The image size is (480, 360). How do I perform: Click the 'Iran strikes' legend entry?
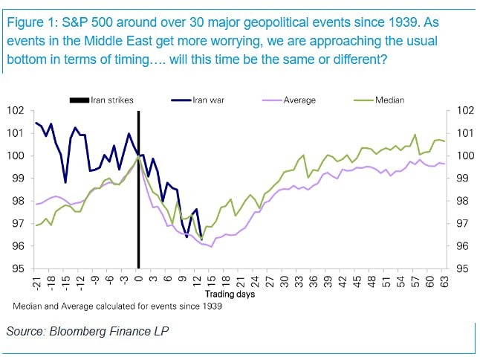[112, 99]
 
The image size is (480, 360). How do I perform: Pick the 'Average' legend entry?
[298, 99]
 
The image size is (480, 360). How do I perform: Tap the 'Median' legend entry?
[391, 99]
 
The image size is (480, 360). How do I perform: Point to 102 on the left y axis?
[16, 111]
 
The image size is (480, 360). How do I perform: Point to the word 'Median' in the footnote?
[27, 306]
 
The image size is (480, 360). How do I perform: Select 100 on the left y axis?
[16, 155]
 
